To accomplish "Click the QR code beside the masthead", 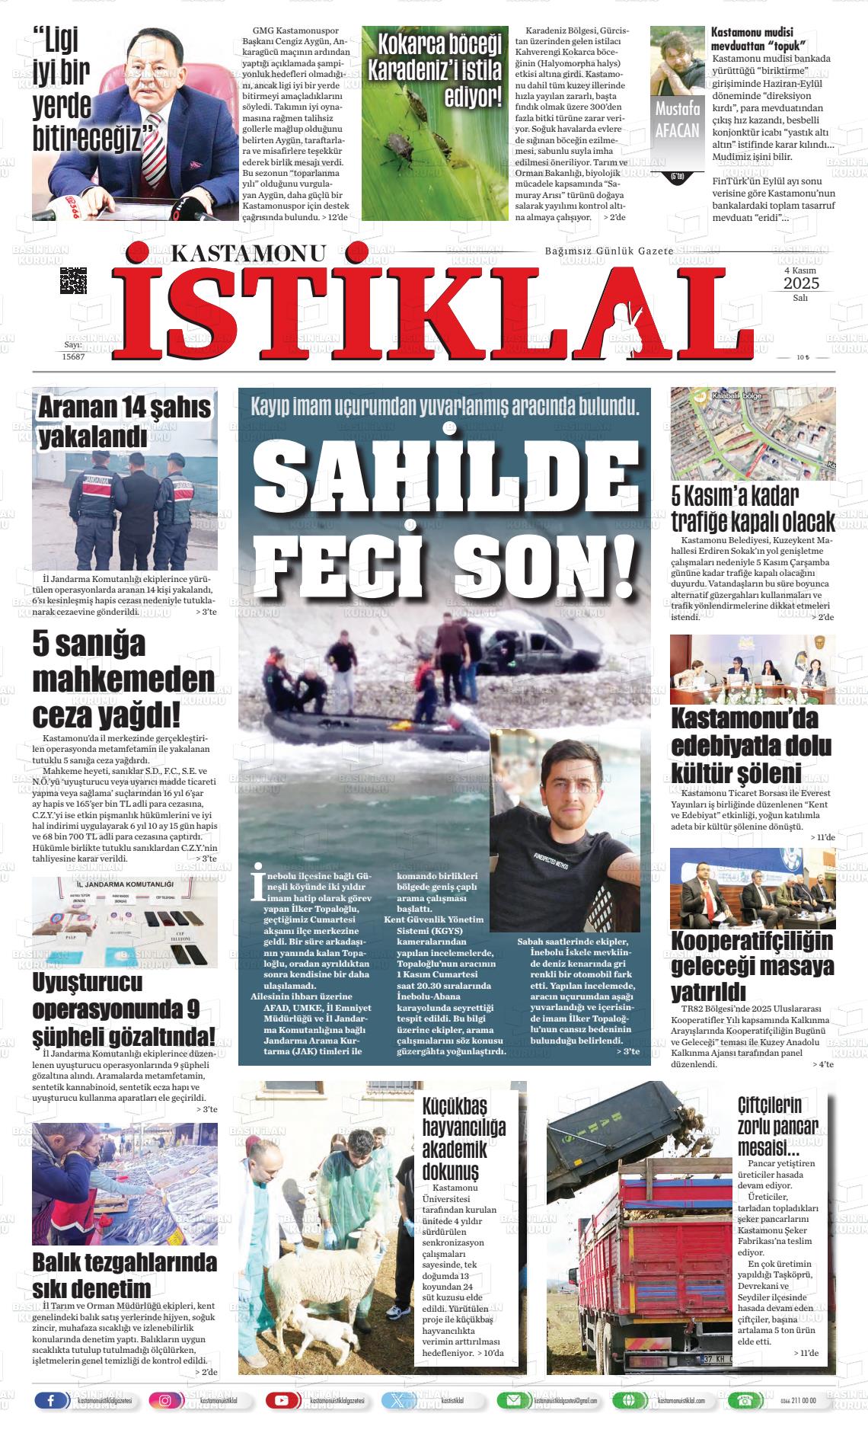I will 73,280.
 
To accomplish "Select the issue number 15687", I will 73,356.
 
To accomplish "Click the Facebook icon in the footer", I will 52,1400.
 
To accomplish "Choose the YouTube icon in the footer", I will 282,1400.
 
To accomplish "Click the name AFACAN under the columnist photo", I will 677,130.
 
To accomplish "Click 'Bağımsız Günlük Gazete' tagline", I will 608,251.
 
